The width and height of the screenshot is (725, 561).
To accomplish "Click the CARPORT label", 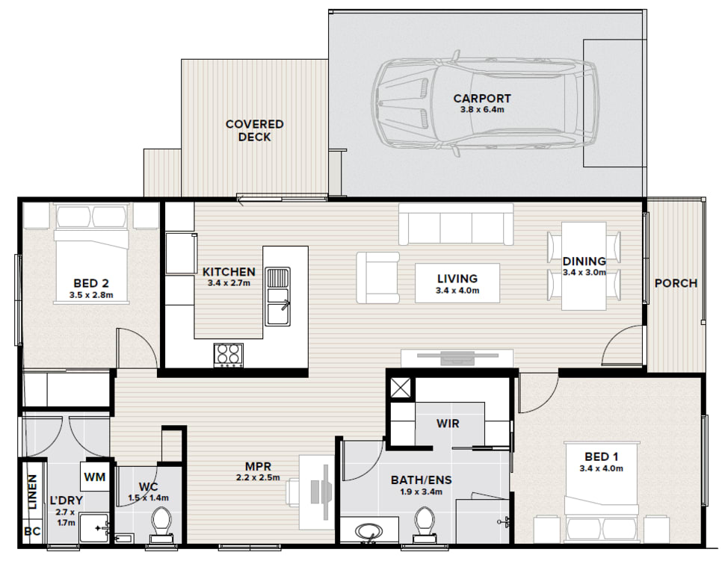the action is coord(482,99).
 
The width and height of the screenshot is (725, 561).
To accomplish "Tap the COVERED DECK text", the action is coord(254,130).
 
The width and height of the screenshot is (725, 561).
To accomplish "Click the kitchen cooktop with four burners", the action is coord(229,356).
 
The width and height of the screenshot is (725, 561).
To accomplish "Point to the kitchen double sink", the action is coord(277,297).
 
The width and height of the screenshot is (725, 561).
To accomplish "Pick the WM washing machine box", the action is coord(95,476).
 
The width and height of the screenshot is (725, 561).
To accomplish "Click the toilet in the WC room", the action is coord(162,524).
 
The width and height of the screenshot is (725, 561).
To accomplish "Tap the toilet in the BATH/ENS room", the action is coord(424,524).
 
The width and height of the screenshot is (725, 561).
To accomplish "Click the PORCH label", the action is coord(676,283).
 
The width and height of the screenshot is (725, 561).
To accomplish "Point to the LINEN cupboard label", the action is coord(32,492).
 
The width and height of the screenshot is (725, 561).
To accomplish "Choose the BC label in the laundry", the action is coord(32,531).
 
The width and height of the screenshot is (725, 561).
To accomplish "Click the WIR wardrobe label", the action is coord(448,424).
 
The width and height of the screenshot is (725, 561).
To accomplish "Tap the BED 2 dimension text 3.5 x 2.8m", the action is coord(91,295).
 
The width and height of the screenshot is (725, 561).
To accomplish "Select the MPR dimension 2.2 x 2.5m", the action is coord(258,477).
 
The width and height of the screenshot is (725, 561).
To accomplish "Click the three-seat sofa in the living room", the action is coord(456,224).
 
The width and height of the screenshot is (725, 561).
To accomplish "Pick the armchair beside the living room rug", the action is coord(377,278).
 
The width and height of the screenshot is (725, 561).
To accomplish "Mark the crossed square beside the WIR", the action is coord(400,388).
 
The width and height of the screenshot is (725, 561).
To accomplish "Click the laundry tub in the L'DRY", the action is coord(94,527).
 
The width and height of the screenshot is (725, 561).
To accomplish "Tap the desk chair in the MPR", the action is coord(293,491).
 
